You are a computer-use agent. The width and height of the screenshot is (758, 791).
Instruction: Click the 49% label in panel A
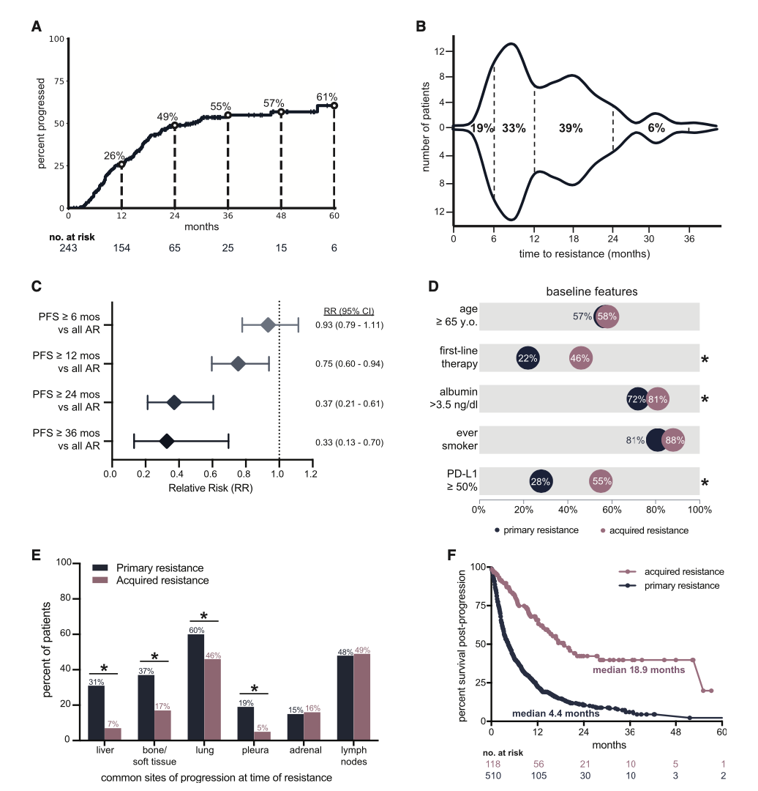[x=168, y=116]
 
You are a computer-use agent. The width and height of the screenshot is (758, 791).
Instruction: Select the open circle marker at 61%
[x=334, y=105]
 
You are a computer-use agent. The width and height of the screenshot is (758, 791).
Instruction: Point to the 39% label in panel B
[x=570, y=128]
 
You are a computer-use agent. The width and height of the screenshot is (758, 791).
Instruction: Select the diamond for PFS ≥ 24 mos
[x=174, y=402]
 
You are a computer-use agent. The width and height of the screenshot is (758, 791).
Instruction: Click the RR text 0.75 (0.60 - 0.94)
[x=350, y=364]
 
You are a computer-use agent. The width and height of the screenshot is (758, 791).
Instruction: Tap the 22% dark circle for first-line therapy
[x=528, y=358]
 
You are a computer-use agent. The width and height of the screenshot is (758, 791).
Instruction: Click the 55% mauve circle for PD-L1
[x=601, y=482]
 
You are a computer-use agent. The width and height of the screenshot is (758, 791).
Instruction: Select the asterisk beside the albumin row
[x=705, y=400]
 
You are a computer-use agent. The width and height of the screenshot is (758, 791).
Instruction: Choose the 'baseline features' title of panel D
[x=592, y=291]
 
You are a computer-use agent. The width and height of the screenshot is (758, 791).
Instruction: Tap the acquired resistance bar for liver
[x=113, y=733]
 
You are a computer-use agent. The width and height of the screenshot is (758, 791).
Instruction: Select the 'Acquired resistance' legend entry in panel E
[x=160, y=581]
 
